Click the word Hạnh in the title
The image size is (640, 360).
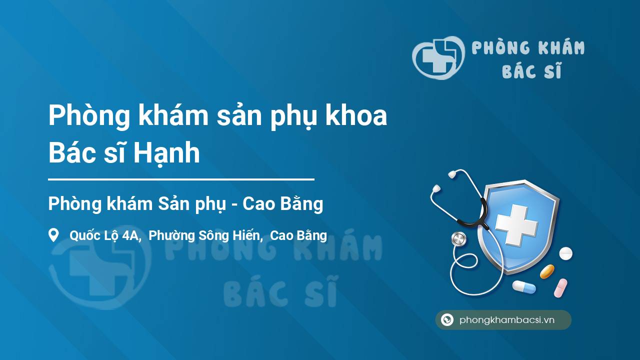pyautogui.click(x=167, y=153)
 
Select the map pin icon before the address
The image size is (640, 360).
pyautogui.click(x=53, y=235)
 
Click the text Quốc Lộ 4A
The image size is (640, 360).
pyautogui.click(x=105, y=236)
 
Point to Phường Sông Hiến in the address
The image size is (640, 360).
pyautogui.click(x=205, y=236)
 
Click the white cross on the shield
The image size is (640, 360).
pyautogui.click(x=516, y=225)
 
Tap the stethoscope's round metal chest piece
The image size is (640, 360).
pyautogui.click(x=459, y=239)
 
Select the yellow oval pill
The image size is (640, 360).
pyautogui.click(x=547, y=271)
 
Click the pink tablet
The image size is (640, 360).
pyautogui.click(x=560, y=288)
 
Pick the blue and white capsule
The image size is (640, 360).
pyautogui.click(x=524, y=287)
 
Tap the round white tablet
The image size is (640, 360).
pyautogui.click(x=565, y=253)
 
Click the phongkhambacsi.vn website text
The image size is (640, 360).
pyautogui.click(x=507, y=320)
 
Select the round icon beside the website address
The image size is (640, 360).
pyautogui.click(x=447, y=319)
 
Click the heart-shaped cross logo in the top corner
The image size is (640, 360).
pyautogui.click(x=438, y=57)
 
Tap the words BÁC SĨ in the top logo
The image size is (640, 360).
pyautogui.click(x=531, y=70)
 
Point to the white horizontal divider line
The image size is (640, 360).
pyautogui.click(x=181, y=179)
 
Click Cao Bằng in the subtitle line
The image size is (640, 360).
pyautogui.click(x=283, y=204)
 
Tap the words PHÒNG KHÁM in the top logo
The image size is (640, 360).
pyautogui.click(x=528, y=47)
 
